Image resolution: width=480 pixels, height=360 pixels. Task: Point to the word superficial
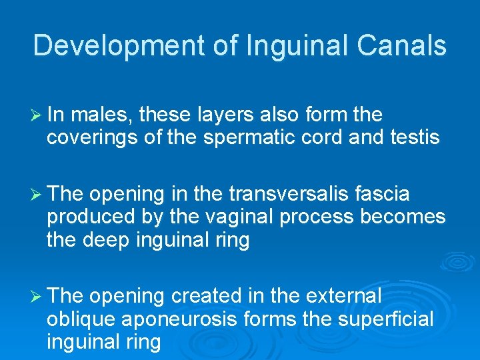(x=386, y=319)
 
